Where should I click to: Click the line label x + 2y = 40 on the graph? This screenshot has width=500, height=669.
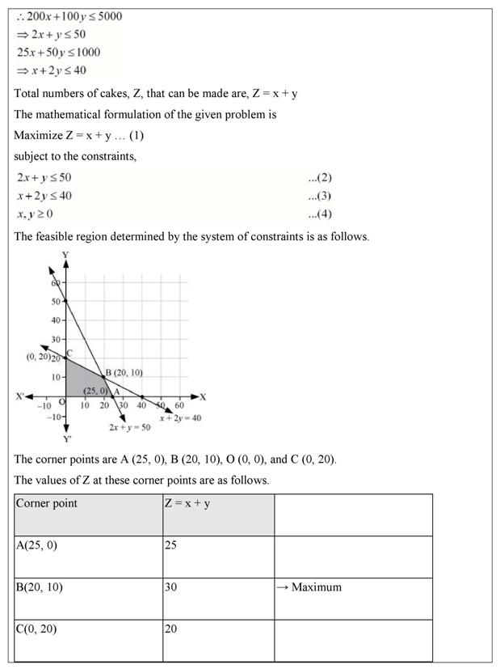coord(179,417)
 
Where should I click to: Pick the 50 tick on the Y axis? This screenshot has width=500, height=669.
coord(55,302)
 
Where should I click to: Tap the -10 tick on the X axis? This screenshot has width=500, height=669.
coord(45,405)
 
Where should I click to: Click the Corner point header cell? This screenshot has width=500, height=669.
coord(47,503)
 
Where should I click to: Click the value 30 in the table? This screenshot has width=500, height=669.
coord(170,587)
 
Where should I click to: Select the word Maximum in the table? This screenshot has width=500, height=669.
coord(316,587)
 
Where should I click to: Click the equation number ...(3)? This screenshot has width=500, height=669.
coord(319,196)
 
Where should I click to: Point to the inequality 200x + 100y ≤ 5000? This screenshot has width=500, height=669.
coord(69,15)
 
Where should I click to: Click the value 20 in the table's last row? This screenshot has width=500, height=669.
coord(170,629)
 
